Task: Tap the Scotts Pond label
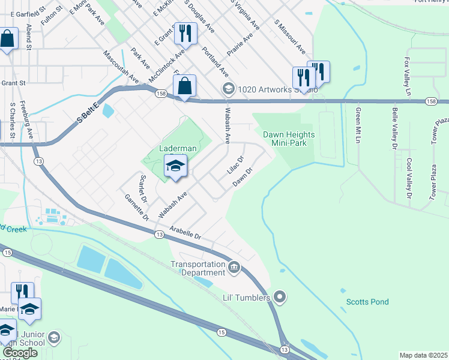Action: coord(367,302)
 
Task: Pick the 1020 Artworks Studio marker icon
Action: coord(228,89)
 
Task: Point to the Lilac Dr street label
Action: coord(235,166)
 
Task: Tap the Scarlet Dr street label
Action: coord(143,188)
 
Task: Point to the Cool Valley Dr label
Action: coord(409,178)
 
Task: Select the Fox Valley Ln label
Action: coord(408,77)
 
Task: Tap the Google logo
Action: coord(19,353)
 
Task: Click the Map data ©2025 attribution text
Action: coord(423,355)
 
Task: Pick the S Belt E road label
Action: coord(88,113)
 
